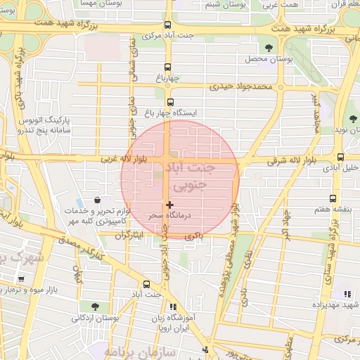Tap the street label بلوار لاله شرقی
[291, 161]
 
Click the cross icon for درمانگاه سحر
[169, 205]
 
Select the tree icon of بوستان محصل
[269, 48]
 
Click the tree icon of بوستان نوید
[352, 119]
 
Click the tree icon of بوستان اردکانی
[95, 307]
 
